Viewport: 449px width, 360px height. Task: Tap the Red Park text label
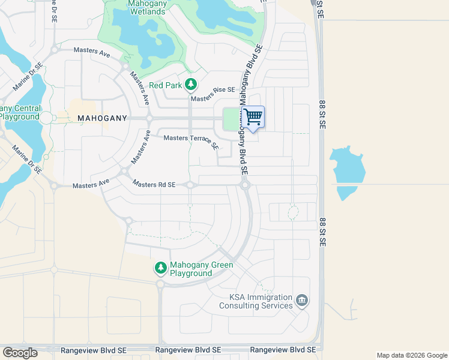(x=165, y=85)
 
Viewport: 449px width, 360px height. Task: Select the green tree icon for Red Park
(x=190, y=85)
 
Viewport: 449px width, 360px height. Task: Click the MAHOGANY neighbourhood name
(x=103, y=119)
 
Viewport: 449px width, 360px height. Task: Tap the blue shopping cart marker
(x=253, y=117)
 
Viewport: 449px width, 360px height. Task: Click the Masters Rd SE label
(x=154, y=185)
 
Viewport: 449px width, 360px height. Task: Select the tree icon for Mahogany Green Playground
(x=160, y=268)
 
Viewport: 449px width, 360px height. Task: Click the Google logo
(x=20, y=353)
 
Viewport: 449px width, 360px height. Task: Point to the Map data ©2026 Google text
(x=411, y=355)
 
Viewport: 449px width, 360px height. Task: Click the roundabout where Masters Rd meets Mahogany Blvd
(x=245, y=185)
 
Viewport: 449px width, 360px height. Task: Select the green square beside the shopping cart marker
(x=231, y=119)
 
